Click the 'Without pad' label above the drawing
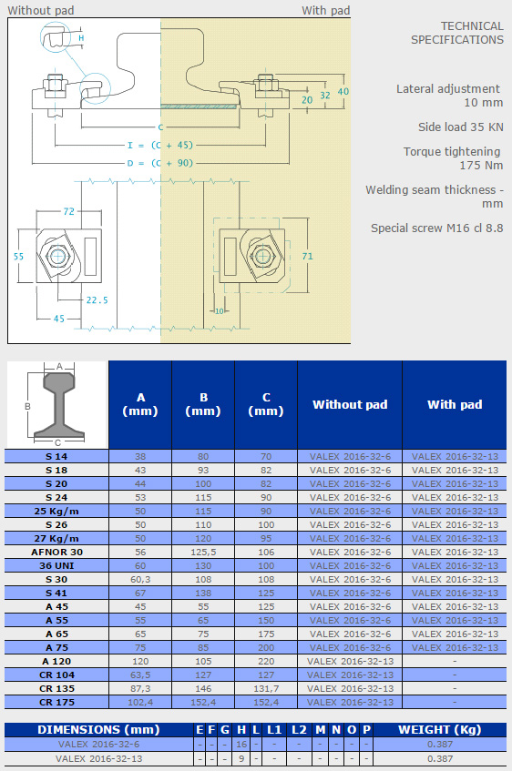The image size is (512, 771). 41,10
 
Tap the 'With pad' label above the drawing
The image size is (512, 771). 325,10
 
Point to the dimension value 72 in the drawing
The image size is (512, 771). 68,211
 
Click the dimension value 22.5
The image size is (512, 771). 97,300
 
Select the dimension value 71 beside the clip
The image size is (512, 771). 307,256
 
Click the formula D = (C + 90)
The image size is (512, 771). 160,163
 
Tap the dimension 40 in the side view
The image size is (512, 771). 343,91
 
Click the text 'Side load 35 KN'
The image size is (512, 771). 461,127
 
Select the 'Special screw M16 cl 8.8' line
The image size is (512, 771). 437,228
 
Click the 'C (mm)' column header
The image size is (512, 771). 266,404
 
